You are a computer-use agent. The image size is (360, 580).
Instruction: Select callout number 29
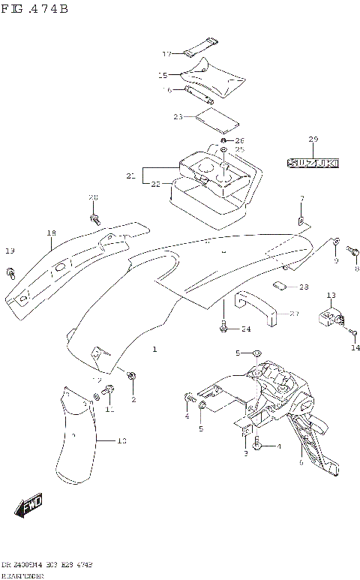pos(313,140)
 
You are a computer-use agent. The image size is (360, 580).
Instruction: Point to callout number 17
pos(167,54)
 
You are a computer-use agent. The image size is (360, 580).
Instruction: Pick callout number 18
pos(51,233)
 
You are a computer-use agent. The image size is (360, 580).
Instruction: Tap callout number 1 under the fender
pos(154,349)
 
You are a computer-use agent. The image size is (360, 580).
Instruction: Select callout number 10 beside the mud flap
pos(121,441)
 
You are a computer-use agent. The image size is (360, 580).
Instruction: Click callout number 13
pos(331,296)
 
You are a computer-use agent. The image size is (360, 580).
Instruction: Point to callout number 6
pos(301,464)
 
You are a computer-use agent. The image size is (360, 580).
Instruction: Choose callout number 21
pos(130,176)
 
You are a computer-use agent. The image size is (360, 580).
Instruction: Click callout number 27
pos(294,314)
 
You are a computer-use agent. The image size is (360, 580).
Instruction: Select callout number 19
pos(10,251)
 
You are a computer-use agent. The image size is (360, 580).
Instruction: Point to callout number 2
pos(133,399)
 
